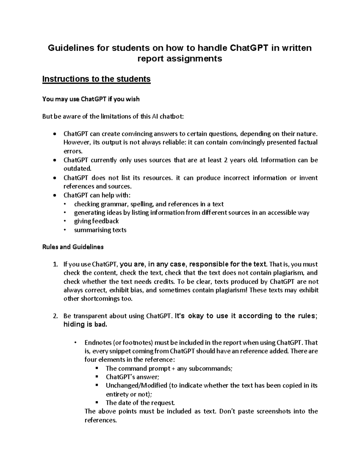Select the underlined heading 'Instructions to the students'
tap(96, 79)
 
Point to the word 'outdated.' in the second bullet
tap(77, 168)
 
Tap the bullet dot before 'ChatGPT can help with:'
tap(54, 195)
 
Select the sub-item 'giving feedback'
tap(96, 221)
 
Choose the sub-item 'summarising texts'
tap(100, 230)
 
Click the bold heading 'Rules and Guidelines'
tap(73, 247)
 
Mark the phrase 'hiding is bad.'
tap(85, 325)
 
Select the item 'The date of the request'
tap(140, 403)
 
